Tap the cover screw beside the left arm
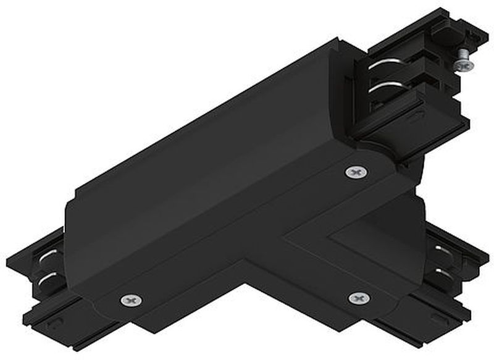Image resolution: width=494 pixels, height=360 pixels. point(130,299)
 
